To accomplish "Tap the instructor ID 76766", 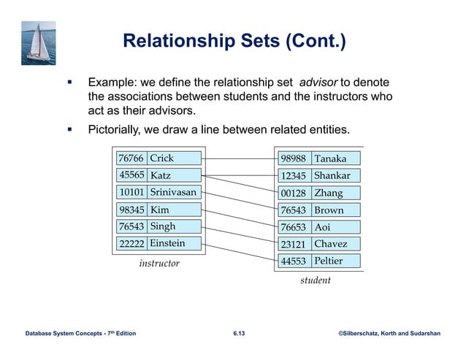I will click(131, 158).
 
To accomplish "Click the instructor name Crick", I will click(162, 158).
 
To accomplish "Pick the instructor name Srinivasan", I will click(173, 193).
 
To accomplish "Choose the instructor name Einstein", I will click(167, 243).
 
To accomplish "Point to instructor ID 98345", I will click(131, 210).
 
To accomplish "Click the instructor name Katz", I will click(161, 175).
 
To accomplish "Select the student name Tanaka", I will click(330, 158).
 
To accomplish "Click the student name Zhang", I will click(328, 194).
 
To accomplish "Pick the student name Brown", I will click(329, 210).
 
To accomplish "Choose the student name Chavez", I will click(331, 244).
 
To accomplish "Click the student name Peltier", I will click(329, 261).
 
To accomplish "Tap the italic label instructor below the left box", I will click(159, 263).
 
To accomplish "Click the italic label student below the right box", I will click(316, 280).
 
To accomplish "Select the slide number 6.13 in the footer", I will click(239, 334).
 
